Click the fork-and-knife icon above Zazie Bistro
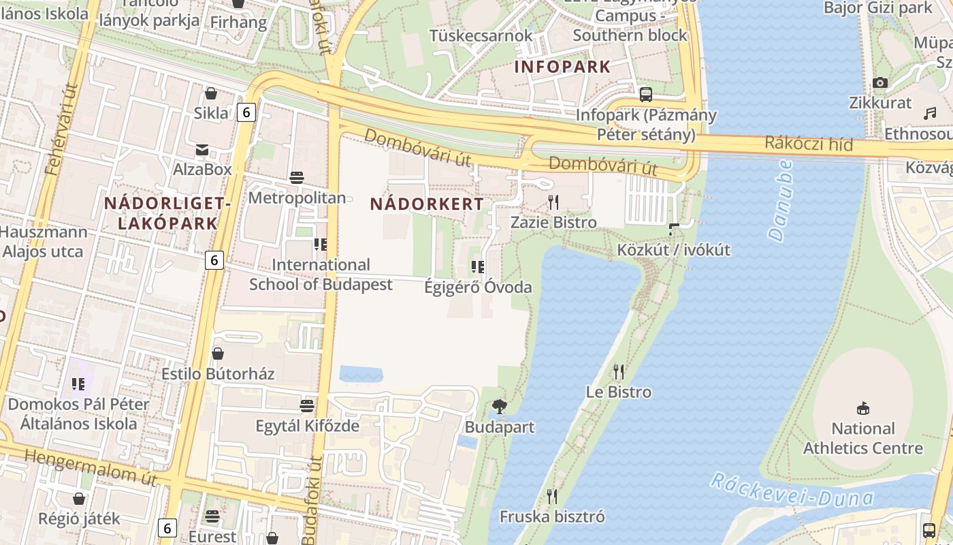coord(553,202)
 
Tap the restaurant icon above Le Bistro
coord(618,371)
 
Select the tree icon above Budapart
coord(499,407)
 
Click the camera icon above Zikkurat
coord(879,82)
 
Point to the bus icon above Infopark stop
coord(645,94)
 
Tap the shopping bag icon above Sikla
coord(210,93)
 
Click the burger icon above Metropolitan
coord(296,178)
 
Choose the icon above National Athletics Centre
coord(862,408)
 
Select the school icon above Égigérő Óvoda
coord(478,266)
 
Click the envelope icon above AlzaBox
coord(201,149)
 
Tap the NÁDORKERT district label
coord(427,204)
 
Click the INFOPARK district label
coord(562,67)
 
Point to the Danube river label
coord(781,200)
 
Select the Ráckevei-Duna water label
coord(792,491)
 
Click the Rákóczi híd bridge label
coord(808,143)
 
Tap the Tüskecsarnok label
coord(481,35)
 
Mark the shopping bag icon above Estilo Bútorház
coord(217,353)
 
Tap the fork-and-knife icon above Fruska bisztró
coord(551,496)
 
